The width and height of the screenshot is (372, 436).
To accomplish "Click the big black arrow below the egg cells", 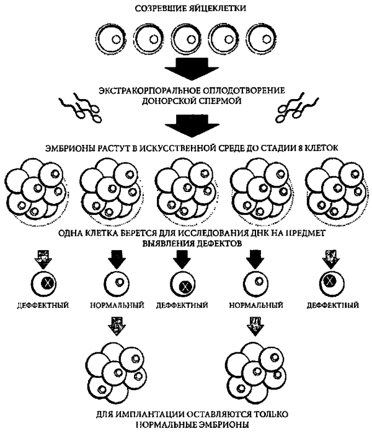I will pos(186,66).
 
